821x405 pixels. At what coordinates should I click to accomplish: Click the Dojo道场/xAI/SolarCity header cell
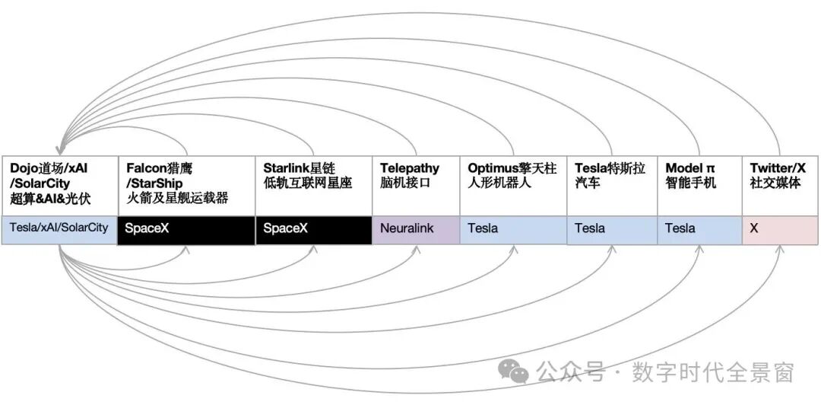[59, 186]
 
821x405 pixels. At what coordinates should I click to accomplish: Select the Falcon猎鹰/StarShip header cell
[186, 186]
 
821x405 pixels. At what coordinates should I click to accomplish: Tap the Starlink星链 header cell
[313, 186]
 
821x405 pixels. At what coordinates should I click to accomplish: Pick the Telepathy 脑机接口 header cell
[415, 186]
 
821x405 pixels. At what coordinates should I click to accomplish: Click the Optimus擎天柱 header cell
[512, 186]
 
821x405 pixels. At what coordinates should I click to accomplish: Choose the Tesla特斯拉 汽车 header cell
[612, 186]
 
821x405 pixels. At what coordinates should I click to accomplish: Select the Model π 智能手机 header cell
[699, 186]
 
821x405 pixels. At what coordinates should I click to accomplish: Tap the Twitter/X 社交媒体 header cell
[780, 186]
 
